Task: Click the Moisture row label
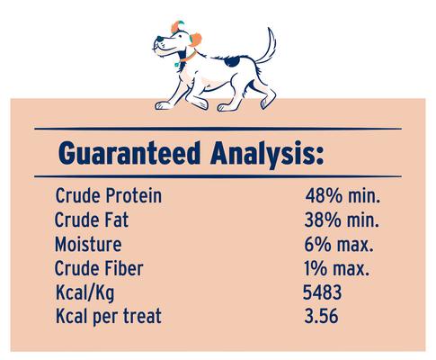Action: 87,244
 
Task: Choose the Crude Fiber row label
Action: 98,268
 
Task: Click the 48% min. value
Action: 342,195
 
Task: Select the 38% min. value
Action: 342,220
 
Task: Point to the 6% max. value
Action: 339,244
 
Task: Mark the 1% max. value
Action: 339,268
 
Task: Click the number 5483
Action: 325,292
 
